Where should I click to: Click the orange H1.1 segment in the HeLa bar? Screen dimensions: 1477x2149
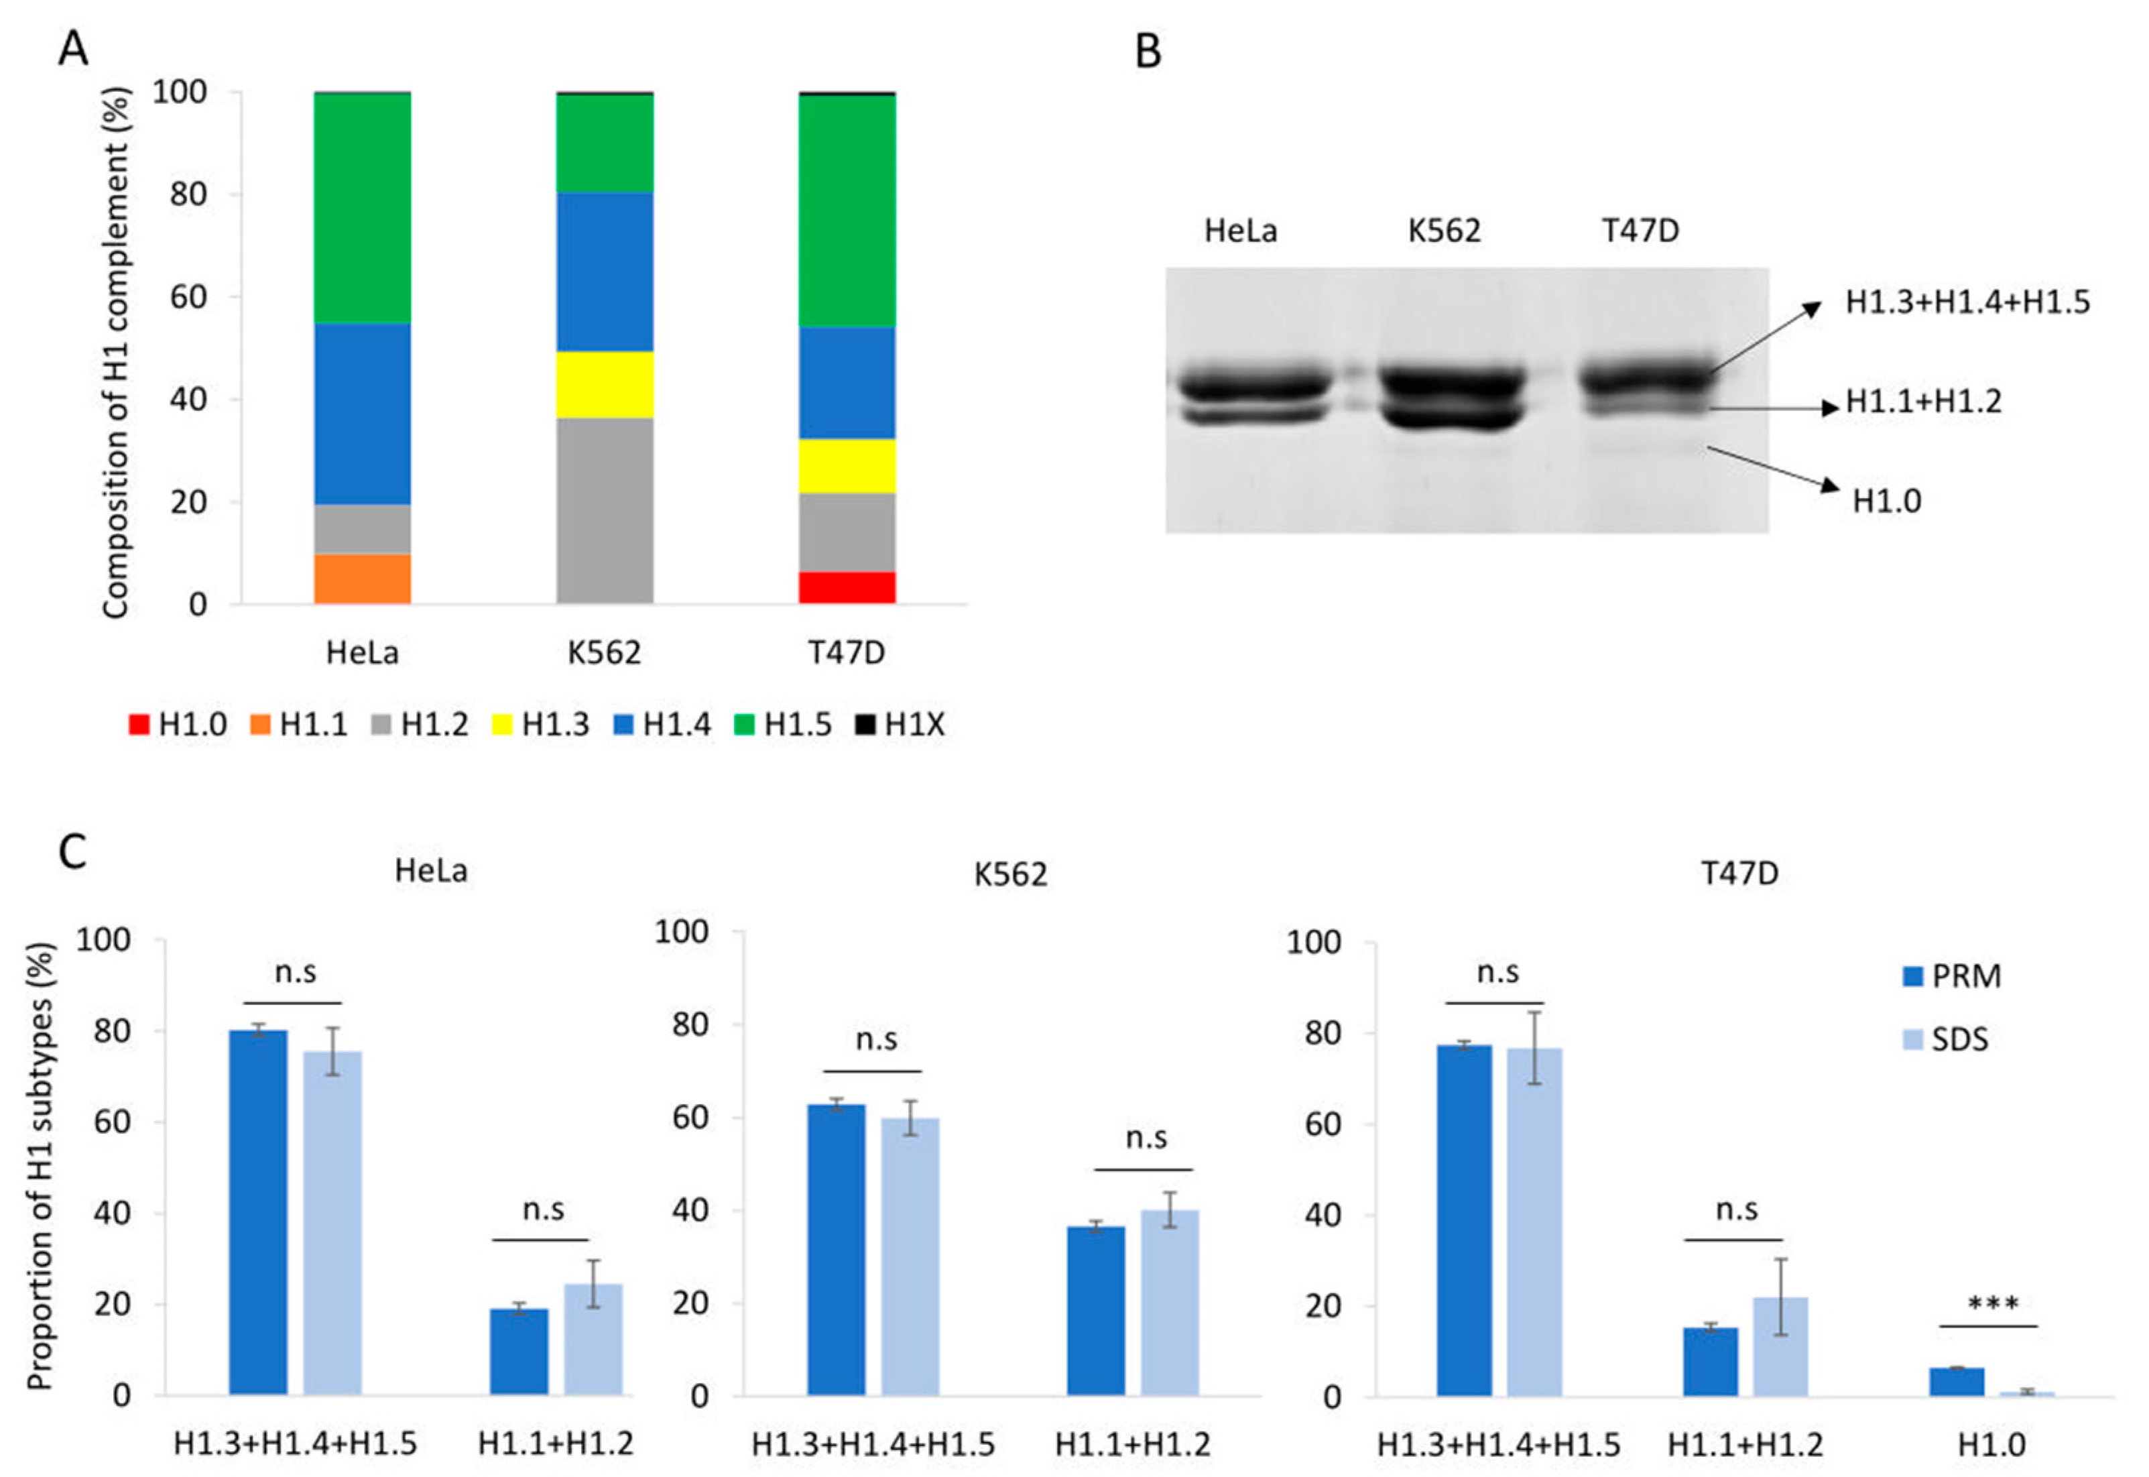click(362, 579)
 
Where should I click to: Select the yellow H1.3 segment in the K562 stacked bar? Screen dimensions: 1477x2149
click(604, 384)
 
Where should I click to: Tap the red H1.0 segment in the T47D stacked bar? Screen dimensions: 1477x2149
click(847, 588)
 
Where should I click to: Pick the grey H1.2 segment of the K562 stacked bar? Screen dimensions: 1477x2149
click(604, 511)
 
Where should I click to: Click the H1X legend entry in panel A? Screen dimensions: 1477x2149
click(901, 725)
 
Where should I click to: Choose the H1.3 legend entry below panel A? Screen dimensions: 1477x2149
click(541, 725)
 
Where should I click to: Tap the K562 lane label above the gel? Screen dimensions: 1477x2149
click(1443, 231)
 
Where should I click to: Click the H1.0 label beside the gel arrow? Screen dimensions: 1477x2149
click(1886, 501)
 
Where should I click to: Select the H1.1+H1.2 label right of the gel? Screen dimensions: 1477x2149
click(1923, 402)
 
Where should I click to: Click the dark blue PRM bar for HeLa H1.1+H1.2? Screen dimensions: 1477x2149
click(518, 1351)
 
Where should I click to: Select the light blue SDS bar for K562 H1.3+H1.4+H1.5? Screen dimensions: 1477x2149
click(910, 1256)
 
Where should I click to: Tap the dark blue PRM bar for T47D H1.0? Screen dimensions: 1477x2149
click(1957, 1380)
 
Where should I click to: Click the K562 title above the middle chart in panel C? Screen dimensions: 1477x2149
click(1010, 874)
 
